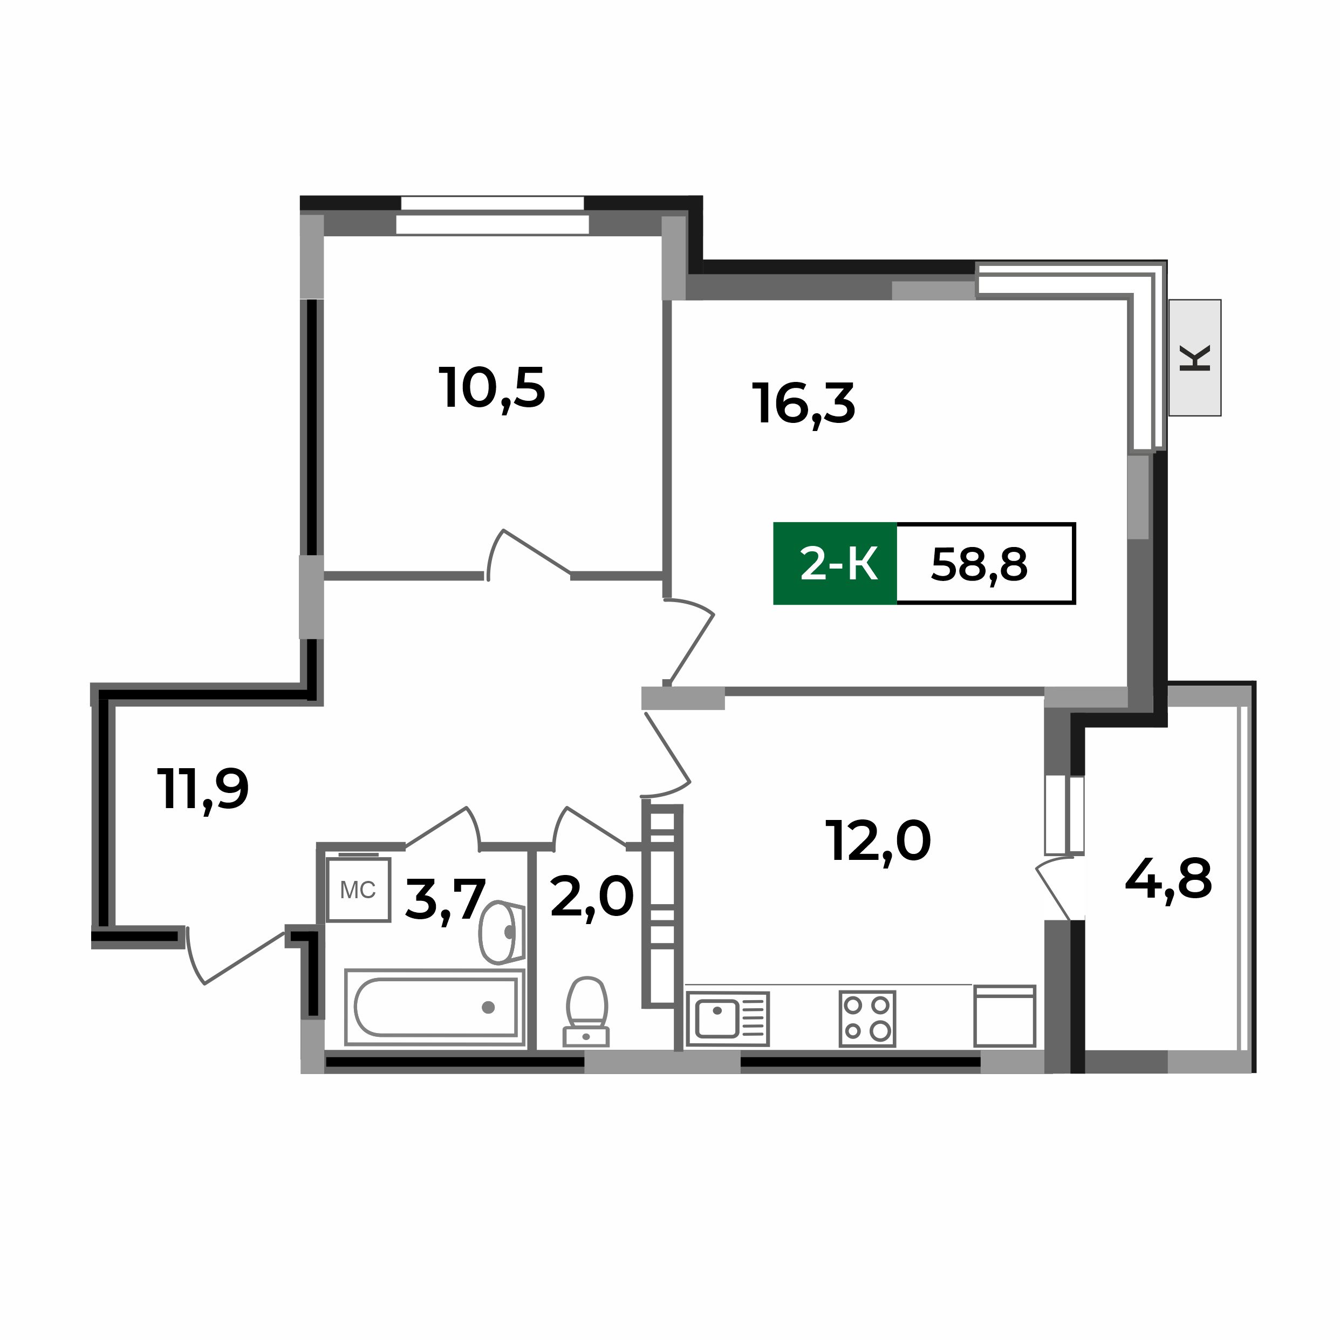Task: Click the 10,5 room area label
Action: pyautogui.click(x=492, y=388)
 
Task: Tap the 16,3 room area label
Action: pyautogui.click(x=804, y=404)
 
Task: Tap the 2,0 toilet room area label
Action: pyautogui.click(x=592, y=897)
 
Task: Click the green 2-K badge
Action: pyautogui.click(x=835, y=564)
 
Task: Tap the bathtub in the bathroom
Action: pyautogui.click(x=435, y=1007)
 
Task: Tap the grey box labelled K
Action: pyautogui.click(x=1194, y=358)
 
